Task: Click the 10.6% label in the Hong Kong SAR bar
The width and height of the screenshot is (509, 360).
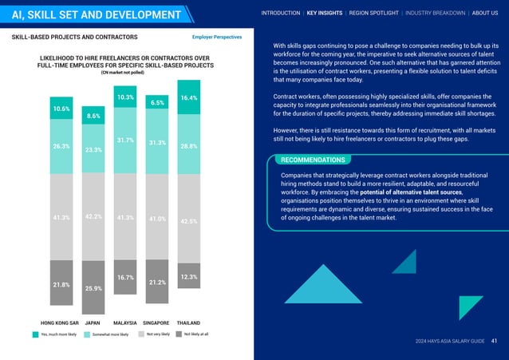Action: pos(61,109)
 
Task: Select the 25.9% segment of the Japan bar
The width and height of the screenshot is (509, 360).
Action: pos(93,288)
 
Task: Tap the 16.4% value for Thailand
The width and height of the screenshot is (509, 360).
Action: pos(189,97)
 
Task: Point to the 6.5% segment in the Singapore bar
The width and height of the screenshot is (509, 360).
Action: pos(157,103)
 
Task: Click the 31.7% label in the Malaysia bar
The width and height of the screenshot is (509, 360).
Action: pos(124,140)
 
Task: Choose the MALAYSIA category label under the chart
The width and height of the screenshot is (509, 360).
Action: pos(124,324)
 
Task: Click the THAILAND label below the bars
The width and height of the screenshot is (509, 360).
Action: pos(189,324)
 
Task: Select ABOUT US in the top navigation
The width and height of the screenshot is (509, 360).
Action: pos(485,13)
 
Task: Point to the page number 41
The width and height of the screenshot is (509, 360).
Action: pos(495,341)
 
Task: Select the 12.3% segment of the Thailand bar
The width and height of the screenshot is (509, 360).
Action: pos(189,277)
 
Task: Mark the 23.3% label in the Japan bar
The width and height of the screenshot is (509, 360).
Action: pos(93,149)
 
